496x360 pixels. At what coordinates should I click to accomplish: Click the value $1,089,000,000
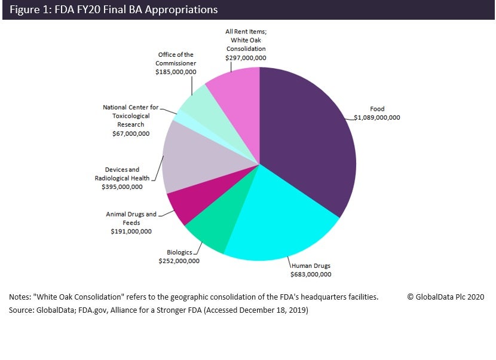376,117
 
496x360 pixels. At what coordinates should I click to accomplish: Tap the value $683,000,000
311,274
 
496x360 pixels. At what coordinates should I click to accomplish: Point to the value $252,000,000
179,261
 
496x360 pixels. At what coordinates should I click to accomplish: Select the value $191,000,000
131,231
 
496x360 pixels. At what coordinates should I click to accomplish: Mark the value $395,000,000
122,187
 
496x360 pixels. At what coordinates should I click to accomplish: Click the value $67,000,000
131,133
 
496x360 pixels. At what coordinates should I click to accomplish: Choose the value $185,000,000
176,71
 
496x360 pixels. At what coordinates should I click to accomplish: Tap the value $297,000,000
246,58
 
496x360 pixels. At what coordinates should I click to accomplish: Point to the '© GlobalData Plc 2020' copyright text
446,297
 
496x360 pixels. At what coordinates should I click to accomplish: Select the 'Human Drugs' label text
311,266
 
